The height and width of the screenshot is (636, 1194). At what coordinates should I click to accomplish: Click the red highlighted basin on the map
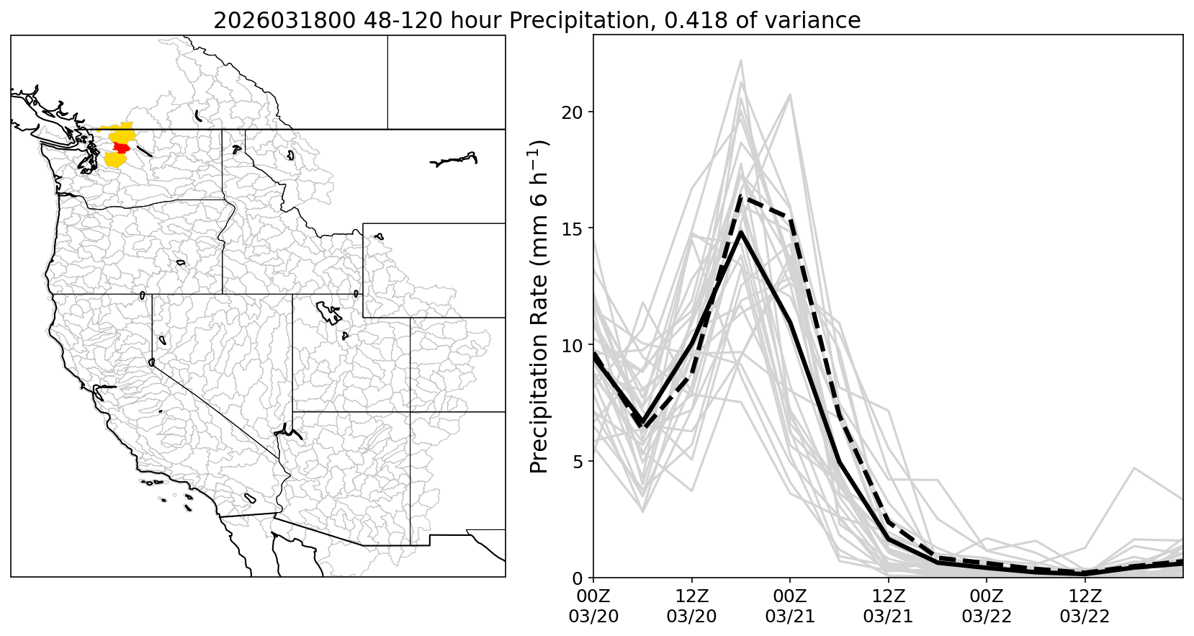(121, 148)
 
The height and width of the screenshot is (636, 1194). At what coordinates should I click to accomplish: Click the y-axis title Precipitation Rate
(540, 306)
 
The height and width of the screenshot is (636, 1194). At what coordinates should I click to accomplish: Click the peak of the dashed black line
(741, 197)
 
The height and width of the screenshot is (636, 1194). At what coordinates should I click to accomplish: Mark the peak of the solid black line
(741, 232)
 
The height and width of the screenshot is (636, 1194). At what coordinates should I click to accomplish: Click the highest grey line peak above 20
(741, 61)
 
